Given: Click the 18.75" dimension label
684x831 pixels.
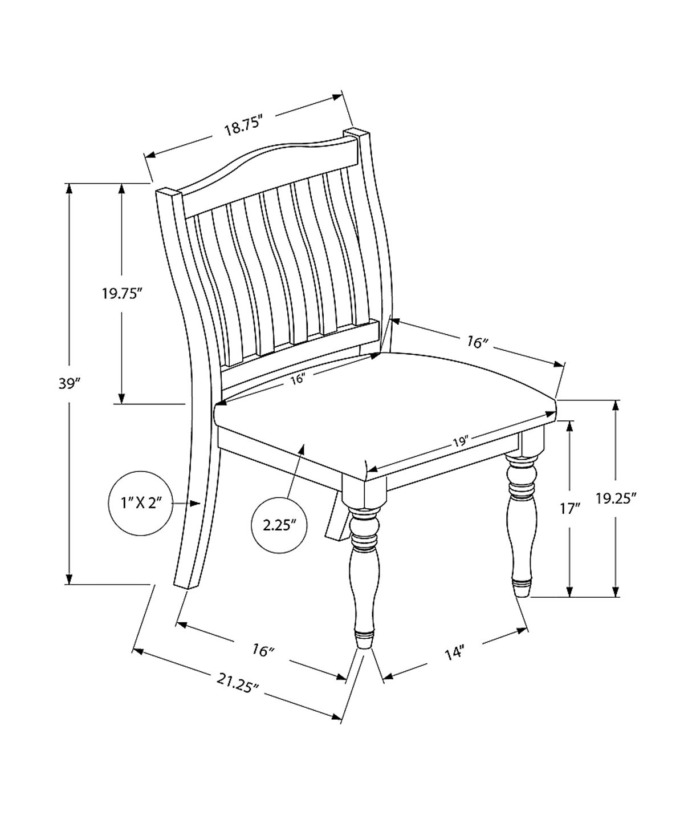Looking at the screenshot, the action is [x=243, y=127].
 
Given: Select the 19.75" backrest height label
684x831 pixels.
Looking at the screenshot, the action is [x=122, y=294].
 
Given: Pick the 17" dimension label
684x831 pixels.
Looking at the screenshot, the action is [x=569, y=509].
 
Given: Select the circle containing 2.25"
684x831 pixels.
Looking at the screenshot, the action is [x=279, y=525].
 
